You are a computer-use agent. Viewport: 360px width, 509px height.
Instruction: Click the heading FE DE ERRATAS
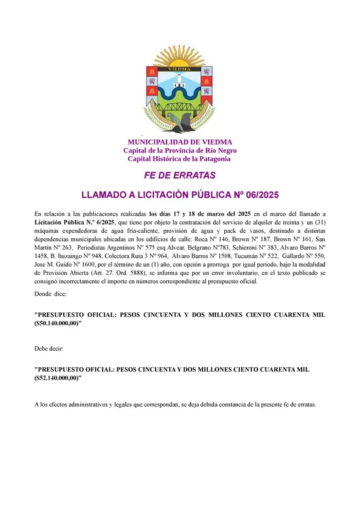tap(179, 175)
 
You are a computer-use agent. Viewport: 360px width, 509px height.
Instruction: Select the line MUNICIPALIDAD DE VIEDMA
tap(179, 142)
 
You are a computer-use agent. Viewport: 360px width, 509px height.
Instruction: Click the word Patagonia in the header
tap(211, 159)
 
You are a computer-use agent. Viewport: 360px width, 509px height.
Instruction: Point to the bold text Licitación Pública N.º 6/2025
tap(74, 223)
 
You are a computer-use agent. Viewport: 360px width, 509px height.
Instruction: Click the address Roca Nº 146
tap(211, 240)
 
